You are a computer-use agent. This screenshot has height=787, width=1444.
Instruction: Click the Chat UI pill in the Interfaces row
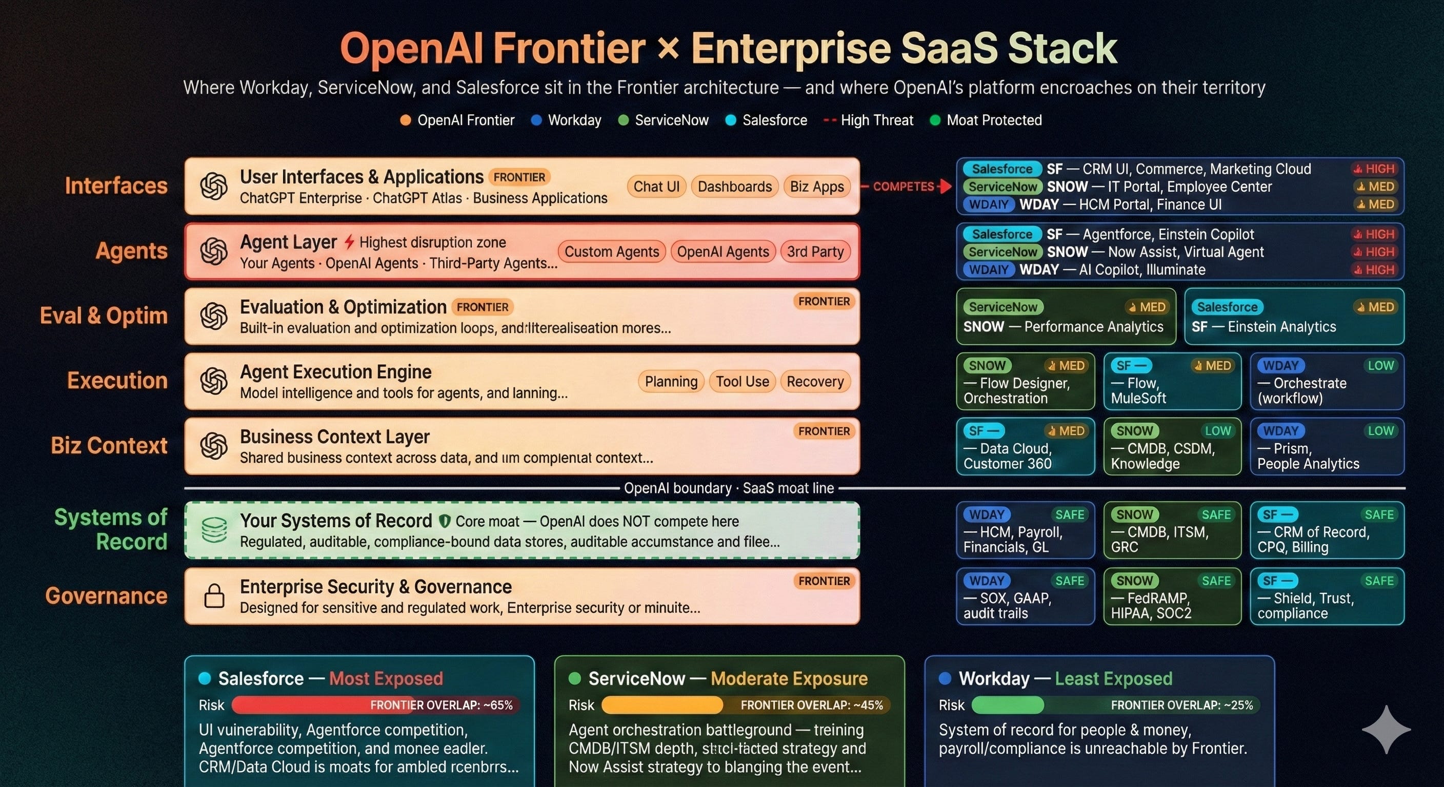pos(656,187)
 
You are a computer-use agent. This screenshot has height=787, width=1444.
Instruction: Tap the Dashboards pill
pos(734,187)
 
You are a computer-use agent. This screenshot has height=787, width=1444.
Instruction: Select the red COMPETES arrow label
pos(903,187)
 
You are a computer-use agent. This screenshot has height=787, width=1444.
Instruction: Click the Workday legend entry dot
pos(536,120)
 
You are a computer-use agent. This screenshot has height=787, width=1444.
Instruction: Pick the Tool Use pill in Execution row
pos(742,381)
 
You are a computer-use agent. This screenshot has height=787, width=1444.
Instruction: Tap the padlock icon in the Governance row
pos(214,596)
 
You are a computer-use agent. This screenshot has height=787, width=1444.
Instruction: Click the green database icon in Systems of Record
pos(214,530)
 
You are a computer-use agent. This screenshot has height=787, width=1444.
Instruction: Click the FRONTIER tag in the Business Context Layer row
pos(824,431)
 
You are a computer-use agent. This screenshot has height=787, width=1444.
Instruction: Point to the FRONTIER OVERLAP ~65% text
pos(441,705)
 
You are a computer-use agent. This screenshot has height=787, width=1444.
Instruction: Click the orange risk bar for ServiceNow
pos(662,705)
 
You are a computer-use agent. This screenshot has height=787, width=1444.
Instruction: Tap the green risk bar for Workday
pos(1007,705)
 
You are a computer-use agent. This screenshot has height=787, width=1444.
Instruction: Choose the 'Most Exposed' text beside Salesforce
pos(386,678)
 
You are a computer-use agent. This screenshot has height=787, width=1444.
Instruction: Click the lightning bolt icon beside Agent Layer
pos(349,242)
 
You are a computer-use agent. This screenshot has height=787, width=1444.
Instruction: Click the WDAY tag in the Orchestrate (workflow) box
pos(1281,366)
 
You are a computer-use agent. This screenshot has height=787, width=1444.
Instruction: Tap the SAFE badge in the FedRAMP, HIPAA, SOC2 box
pos(1216,581)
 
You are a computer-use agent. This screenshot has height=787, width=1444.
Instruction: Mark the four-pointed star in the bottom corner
pos(1386,729)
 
